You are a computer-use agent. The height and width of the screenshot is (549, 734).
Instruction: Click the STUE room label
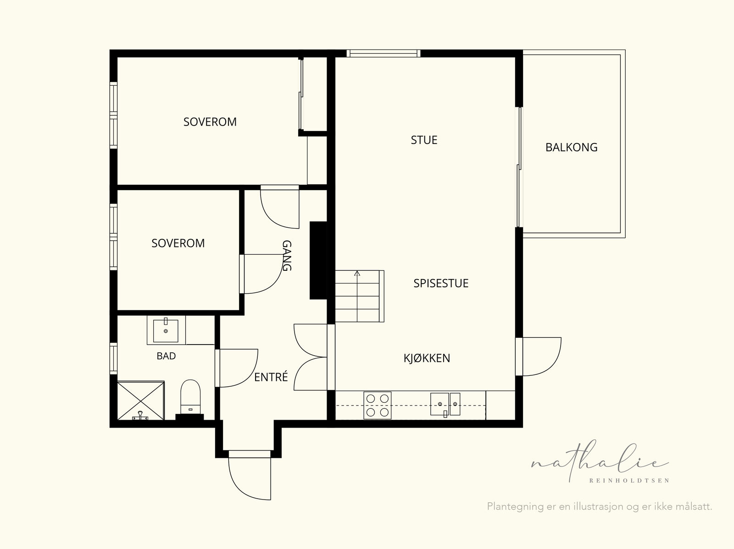[x=424, y=140]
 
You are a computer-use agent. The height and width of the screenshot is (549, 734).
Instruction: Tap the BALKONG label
[x=572, y=147]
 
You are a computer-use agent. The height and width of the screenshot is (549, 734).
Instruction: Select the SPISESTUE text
[x=441, y=283]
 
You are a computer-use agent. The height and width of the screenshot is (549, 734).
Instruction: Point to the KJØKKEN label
[x=427, y=358]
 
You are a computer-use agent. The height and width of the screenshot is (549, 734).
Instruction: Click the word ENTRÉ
[x=271, y=377]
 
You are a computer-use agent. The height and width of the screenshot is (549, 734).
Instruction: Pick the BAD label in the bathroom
[x=166, y=356]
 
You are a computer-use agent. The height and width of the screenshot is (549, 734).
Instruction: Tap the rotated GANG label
[x=287, y=255]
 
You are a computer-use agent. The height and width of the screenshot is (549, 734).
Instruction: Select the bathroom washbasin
[x=166, y=330]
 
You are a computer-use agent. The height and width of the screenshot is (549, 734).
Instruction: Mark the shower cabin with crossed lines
[x=141, y=401]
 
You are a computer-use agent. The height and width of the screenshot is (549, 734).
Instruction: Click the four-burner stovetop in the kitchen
[x=377, y=406]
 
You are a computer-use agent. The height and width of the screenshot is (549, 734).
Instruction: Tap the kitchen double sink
[x=445, y=404]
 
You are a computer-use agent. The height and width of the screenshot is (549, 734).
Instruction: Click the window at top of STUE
[x=384, y=54]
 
